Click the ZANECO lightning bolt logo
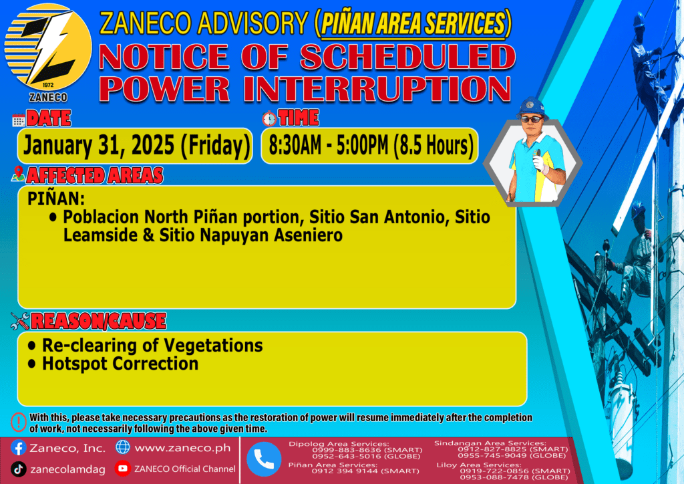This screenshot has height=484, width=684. tap(48, 47)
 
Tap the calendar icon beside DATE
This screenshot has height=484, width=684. tap(19, 120)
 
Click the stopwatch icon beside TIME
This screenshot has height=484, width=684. tap(269, 118)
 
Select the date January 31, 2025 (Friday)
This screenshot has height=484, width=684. tap(137, 145)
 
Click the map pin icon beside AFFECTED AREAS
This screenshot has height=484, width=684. tap(18, 174)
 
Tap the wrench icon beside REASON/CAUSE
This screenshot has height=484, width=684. tap(20, 321)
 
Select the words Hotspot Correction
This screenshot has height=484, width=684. tap(120, 364)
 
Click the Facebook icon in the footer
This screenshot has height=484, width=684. tap(18, 448)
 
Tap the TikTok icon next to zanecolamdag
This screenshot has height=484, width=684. tap(18, 469)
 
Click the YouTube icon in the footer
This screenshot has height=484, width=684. tap(123, 468)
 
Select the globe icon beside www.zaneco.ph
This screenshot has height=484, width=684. tap(123, 447)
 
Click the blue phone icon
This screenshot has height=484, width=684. tap(264, 459)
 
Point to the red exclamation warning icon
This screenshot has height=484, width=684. tap(19, 422)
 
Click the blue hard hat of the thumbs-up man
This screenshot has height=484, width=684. tap(532, 108)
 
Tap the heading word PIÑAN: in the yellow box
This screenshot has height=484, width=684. tap(56, 199)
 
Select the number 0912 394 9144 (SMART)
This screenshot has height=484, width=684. tap(365, 471)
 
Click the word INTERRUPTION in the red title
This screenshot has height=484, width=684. tap(377, 89)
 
